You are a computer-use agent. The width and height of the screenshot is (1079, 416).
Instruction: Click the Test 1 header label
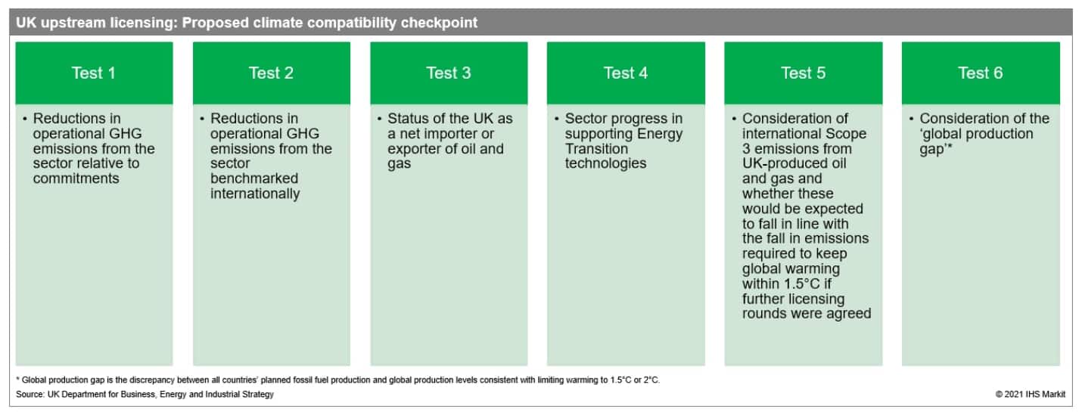click(x=94, y=73)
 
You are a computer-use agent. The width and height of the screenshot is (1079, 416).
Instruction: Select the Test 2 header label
click(x=271, y=73)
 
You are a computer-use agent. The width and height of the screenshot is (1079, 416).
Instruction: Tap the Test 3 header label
click(x=449, y=73)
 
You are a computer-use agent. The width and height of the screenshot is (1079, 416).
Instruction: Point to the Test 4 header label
click(x=626, y=73)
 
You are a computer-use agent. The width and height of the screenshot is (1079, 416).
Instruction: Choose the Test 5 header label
click(x=803, y=73)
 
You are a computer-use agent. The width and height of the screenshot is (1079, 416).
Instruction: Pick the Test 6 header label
click(x=980, y=73)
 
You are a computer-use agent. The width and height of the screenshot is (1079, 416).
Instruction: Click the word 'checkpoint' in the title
click(x=439, y=23)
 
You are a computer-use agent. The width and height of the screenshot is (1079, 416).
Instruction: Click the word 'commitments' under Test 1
click(x=76, y=179)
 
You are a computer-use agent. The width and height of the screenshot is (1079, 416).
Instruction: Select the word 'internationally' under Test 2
click(x=255, y=194)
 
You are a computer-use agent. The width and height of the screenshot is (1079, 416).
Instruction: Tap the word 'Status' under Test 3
click(x=409, y=119)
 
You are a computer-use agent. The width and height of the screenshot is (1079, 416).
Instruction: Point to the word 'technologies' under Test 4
click(x=605, y=163)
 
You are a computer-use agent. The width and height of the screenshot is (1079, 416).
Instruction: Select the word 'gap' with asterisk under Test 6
click(x=935, y=149)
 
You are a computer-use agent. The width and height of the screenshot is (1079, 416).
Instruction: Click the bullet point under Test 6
click(x=911, y=119)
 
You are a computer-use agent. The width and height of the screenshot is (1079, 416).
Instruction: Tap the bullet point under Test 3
click(x=379, y=119)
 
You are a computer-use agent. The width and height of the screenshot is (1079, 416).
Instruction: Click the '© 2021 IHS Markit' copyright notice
click(x=1031, y=394)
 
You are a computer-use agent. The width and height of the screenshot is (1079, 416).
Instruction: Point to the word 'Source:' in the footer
click(x=30, y=394)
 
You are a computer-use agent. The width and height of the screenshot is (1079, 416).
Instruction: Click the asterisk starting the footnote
click(x=18, y=379)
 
